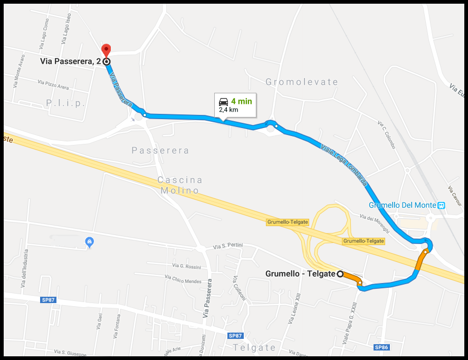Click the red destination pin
pyautogui.click(x=106, y=50)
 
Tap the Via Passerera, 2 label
pyautogui.click(x=71, y=62)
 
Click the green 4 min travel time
pyautogui.click(x=242, y=101)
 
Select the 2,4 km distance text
pyautogui.click(x=229, y=110)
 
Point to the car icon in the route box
pyautogui.click(x=224, y=101)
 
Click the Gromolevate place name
pyautogui.click(x=302, y=82)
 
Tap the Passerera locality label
pyautogui.click(x=160, y=151)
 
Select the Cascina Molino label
pyautogui.click(x=179, y=185)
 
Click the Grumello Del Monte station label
pyautogui.click(x=403, y=205)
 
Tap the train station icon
pyautogui.click(x=442, y=205)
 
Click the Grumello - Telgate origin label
pyautogui.click(x=300, y=274)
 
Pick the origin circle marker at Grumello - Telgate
pyautogui.click(x=340, y=274)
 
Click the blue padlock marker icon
pyautogui.click(x=90, y=242)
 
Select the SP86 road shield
pyautogui.click(x=381, y=347)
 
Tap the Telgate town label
pyautogui.click(x=254, y=347)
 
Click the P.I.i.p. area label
pyautogui.click(x=65, y=103)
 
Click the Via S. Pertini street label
pyautogui.click(x=227, y=247)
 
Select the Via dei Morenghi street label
pyautogui.click(x=374, y=222)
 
